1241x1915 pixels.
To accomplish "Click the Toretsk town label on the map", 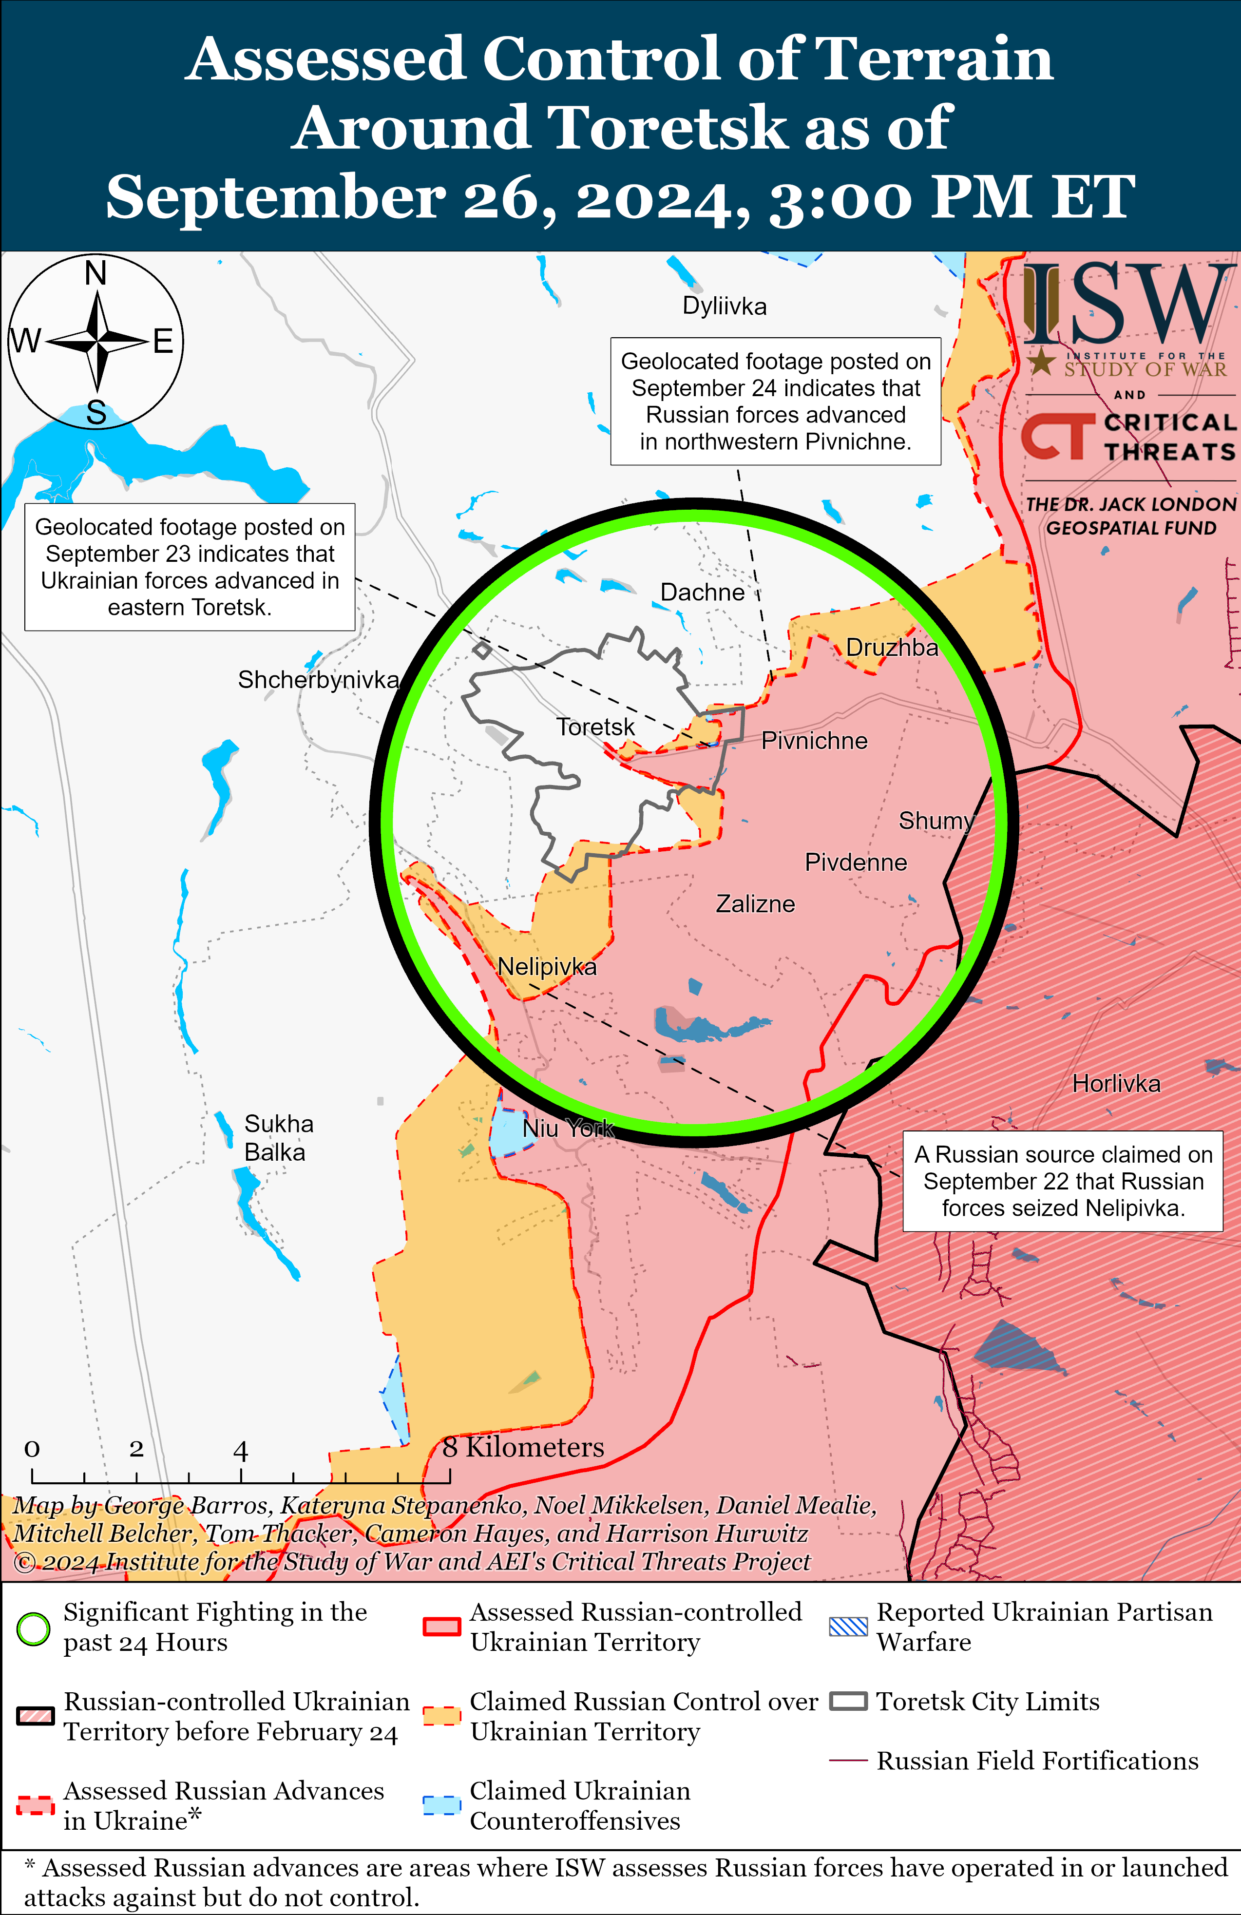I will click(595, 728).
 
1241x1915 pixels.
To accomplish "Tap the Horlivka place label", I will click(1116, 1084).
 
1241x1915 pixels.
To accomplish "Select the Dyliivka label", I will click(725, 306).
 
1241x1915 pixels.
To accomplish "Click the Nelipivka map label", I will click(547, 966).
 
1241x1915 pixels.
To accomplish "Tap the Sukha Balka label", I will click(279, 1138).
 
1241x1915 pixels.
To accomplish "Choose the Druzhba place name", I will click(892, 648).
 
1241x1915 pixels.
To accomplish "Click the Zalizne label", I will click(755, 904).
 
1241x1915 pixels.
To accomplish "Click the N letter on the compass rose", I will click(96, 273).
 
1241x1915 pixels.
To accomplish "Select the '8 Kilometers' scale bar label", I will click(523, 1448).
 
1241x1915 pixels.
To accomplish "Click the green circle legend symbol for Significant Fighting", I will click(34, 1629).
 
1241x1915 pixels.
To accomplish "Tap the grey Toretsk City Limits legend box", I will click(848, 1702).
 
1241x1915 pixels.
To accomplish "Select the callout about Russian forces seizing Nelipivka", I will click(1062, 1181).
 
